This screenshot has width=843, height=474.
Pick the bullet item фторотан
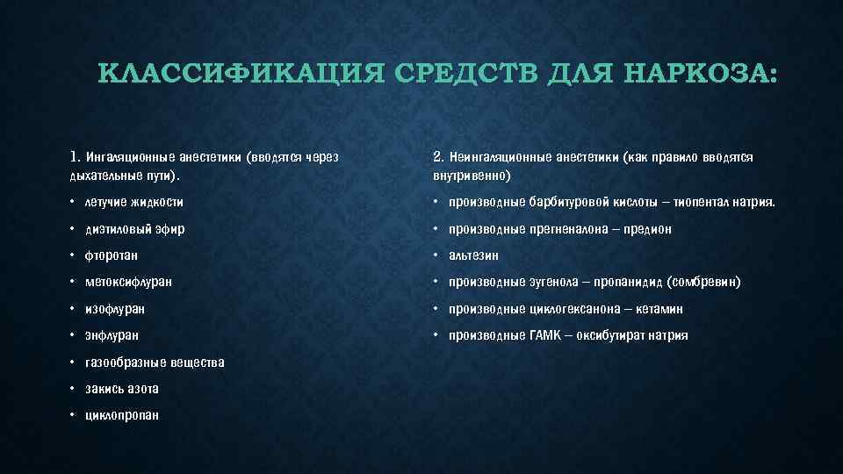(112, 255)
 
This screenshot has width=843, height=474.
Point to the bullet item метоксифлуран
(128, 283)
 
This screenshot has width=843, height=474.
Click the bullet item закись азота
(122, 389)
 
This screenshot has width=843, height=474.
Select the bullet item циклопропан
(122, 415)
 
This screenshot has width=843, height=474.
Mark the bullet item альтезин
(473, 255)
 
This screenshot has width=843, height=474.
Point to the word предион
(647, 229)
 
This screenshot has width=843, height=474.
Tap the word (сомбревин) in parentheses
(704, 283)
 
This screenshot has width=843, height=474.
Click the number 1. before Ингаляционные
(75, 158)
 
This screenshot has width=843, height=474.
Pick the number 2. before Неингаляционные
(439, 158)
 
